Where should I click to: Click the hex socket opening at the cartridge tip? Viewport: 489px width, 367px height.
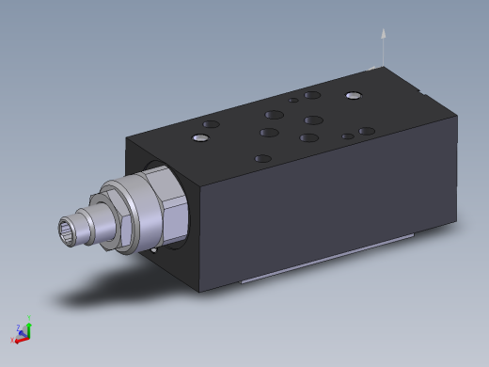[68, 229]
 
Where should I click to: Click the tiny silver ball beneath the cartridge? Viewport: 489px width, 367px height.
[152, 251]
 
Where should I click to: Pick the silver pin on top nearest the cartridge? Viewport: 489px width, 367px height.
[199, 139]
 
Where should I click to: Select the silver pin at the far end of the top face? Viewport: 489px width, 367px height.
[353, 95]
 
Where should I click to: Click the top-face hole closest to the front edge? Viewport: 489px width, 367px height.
[263, 159]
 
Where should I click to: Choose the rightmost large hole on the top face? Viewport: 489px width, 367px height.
[367, 131]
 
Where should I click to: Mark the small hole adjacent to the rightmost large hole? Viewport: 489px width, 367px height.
[348, 137]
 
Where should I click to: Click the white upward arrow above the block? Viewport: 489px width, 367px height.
[383, 38]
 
